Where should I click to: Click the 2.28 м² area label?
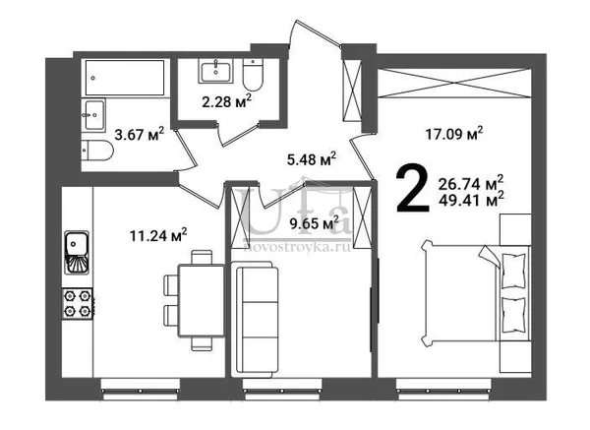pos(226,101)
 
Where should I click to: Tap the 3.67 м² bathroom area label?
pos(140,134)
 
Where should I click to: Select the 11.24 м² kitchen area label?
pos(158,235)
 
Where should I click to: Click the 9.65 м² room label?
pos(314,223)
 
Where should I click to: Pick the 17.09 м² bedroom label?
pos(454,134)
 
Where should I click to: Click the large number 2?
pos(412,188)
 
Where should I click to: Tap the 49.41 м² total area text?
pos(471,200)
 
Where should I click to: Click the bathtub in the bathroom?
pos(125,78)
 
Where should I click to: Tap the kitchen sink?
pos(77,253)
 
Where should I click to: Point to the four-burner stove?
pos(78,303)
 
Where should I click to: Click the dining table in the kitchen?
pos(202,300)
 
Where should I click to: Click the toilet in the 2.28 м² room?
pos(253,76)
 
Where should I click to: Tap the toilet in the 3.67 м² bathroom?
pos(97,151)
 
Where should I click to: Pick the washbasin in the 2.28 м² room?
pos(215,71)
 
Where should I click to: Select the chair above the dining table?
pos(202,258)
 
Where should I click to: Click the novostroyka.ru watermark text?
pos(297,247)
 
